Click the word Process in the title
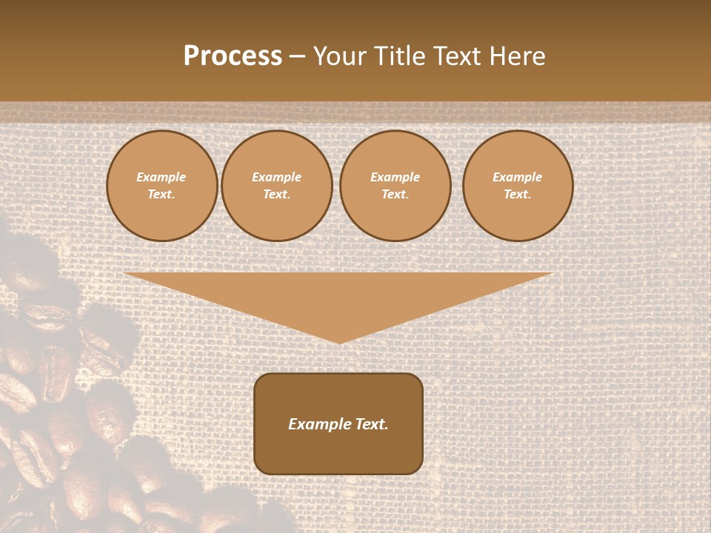233,56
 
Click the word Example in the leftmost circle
161,177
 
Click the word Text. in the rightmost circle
518,194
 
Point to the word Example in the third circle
395,177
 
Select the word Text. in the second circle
277,194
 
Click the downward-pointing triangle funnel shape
338,296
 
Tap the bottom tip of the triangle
339,341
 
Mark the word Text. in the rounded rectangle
371,424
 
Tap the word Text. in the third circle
395,194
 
